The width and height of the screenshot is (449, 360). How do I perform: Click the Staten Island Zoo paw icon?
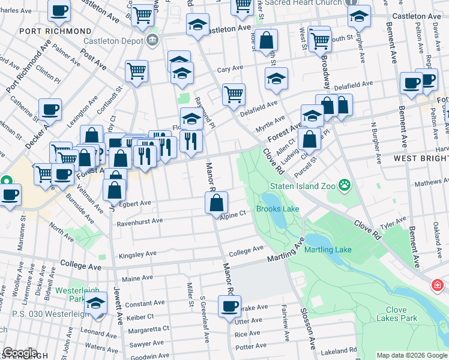(x=345, y=185)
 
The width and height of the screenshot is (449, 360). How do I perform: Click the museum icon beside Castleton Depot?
(x=152, y=40)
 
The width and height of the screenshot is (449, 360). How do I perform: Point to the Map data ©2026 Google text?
(x=411, y=355)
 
